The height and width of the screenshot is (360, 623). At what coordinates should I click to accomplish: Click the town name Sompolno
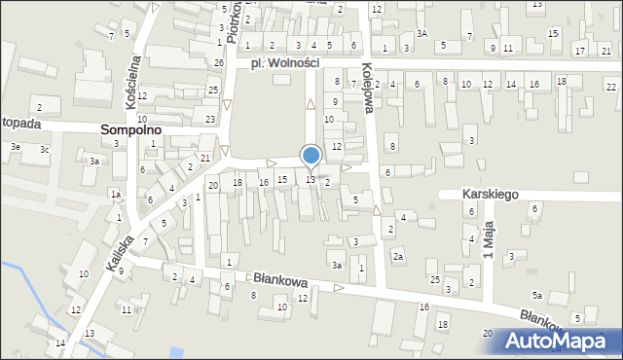(130, 128)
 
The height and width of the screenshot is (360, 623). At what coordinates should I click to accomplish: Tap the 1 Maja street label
(491, 239)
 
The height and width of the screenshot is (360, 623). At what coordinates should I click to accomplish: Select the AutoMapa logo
(558, 340)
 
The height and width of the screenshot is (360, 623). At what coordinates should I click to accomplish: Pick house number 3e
(15, 146)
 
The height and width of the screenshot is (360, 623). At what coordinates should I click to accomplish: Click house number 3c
(44, 149)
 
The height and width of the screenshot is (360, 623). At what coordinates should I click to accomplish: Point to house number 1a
(115, 195)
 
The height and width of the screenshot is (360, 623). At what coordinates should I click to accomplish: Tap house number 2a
(398, 256)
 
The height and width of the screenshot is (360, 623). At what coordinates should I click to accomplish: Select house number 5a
(536, 295)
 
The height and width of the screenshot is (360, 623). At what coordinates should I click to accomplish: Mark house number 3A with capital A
(421, 33)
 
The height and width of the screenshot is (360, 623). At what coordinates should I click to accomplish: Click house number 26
(219, 62)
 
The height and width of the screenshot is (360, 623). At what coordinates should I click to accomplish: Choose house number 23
(210, 119)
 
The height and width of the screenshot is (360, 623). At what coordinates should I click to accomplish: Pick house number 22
(610, 88)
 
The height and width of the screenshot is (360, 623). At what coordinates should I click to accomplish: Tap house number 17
(580, 51)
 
